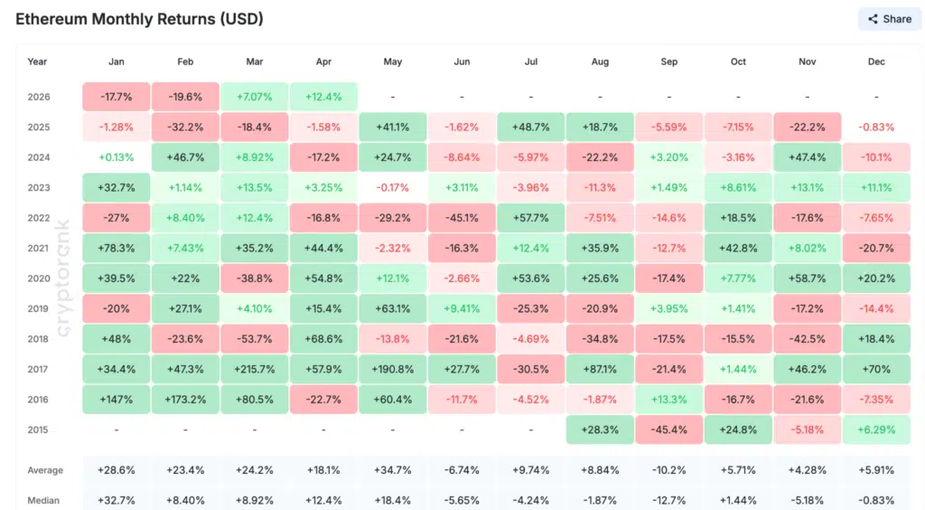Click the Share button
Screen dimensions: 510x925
[889, 19]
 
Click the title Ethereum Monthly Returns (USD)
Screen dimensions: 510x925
[140, 19]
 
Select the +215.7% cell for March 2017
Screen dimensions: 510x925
[254, 370]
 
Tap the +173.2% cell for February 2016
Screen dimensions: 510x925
[185, 400]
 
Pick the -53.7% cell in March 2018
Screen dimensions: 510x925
[254, 339]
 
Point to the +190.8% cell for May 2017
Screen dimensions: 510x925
[392, 370]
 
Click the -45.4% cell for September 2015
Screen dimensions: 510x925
[668, 430]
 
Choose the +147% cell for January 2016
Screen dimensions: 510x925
[116, 400]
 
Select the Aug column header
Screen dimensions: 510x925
[600, 62]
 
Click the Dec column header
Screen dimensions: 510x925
[876, 62]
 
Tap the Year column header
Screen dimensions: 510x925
[37, 62]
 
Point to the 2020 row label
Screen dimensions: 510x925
[38, 279]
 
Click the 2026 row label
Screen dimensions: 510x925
[38, 97]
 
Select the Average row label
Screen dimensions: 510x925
[45, 470]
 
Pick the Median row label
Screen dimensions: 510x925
[44, 500]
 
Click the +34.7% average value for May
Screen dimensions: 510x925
[392, 470]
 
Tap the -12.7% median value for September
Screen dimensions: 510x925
[668, 500]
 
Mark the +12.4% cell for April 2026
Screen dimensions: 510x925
[323, 97]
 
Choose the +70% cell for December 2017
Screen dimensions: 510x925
[876, 370]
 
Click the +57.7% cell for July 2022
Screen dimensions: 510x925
[530, 218]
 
